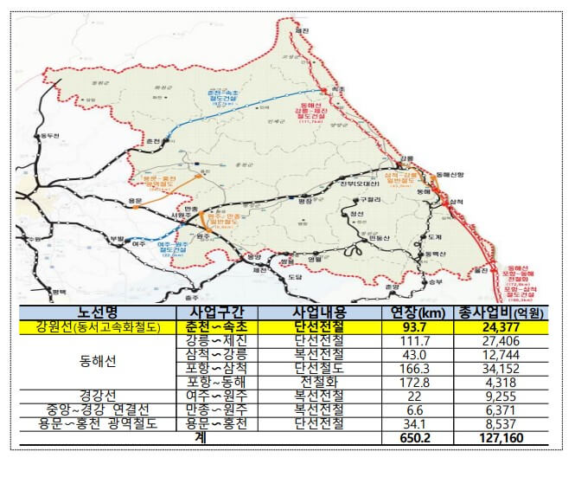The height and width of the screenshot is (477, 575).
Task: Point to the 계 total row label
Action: click(x=199, y=439)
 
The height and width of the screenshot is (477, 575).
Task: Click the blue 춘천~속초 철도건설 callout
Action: click(x=226, y=96)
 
